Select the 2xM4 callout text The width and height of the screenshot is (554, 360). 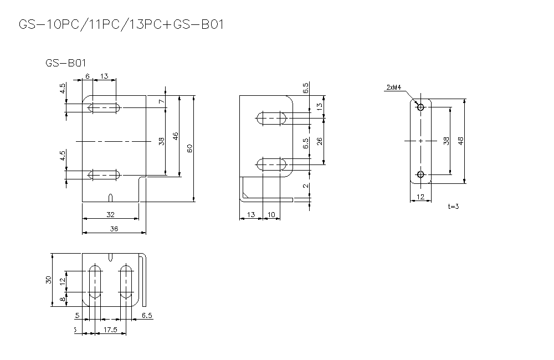[394, 88]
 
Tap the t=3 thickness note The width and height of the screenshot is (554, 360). [453, 206]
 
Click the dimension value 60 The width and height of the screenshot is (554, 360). [189, 148]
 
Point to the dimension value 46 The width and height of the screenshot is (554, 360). [176, 136]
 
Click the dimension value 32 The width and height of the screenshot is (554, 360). [110, 214]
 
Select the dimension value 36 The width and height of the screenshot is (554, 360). [114, 228]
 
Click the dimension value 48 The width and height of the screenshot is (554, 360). [460, 141]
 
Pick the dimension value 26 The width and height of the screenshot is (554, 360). [320, 141]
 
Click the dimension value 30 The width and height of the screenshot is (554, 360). [48, 280]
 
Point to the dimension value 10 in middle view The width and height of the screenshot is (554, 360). [271, 214]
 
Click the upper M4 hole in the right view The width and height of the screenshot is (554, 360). [420, 107]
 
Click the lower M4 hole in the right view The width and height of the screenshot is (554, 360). [420, 175]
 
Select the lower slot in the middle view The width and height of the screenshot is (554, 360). [271, 164]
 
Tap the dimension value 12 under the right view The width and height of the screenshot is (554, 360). [420, 197]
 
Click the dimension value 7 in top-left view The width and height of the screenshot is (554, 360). [161, 102]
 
